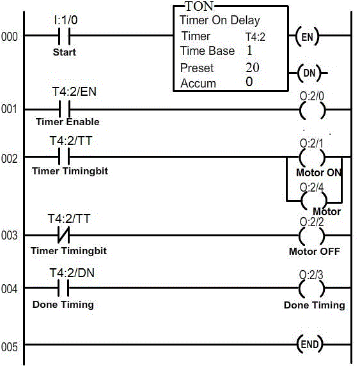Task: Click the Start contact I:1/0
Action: coord(65,36)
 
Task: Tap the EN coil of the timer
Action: coord(307,37)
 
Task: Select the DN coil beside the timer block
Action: coord(309,73)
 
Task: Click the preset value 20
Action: coord(253,68)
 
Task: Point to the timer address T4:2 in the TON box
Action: coord(255,37)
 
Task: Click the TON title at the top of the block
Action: coord(200,6)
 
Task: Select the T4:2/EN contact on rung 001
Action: coord(65,110)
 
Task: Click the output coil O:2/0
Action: coord(312,110)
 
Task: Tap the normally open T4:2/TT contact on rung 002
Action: coord(64,156)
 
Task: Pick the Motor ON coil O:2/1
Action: coord(312,157)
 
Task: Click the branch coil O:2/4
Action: coord(314,201)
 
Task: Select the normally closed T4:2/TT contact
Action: coord(64,235)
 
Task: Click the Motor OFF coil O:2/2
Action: coord(312,236)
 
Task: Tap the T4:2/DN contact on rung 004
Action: coord(63,288)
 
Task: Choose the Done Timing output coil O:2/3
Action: coord(312,289)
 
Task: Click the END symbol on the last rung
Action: coord(309,344)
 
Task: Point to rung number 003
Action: coord(9,235)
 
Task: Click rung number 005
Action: coord(9,347)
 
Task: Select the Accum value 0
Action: coord(249,82)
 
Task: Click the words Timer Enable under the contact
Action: coord(67,121)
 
